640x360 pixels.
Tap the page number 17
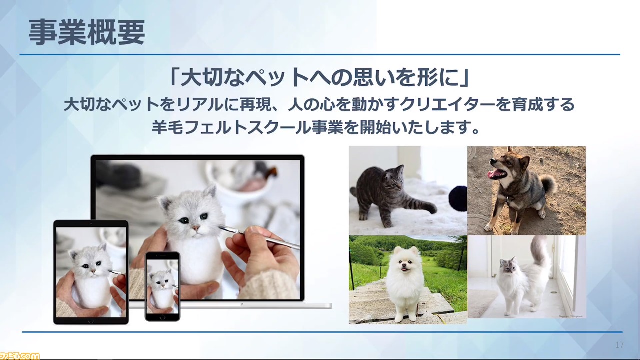click(619, 345)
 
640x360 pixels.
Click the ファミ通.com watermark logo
click(19, 356)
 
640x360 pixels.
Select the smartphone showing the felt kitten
click(162, 286)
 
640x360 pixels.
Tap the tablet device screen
click(91, 272)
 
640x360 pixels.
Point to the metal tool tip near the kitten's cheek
click(220, 227)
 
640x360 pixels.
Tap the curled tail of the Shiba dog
click(547, 184)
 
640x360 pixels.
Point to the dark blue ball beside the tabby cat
click(458, 195)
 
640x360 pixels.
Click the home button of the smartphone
click(162, 318)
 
